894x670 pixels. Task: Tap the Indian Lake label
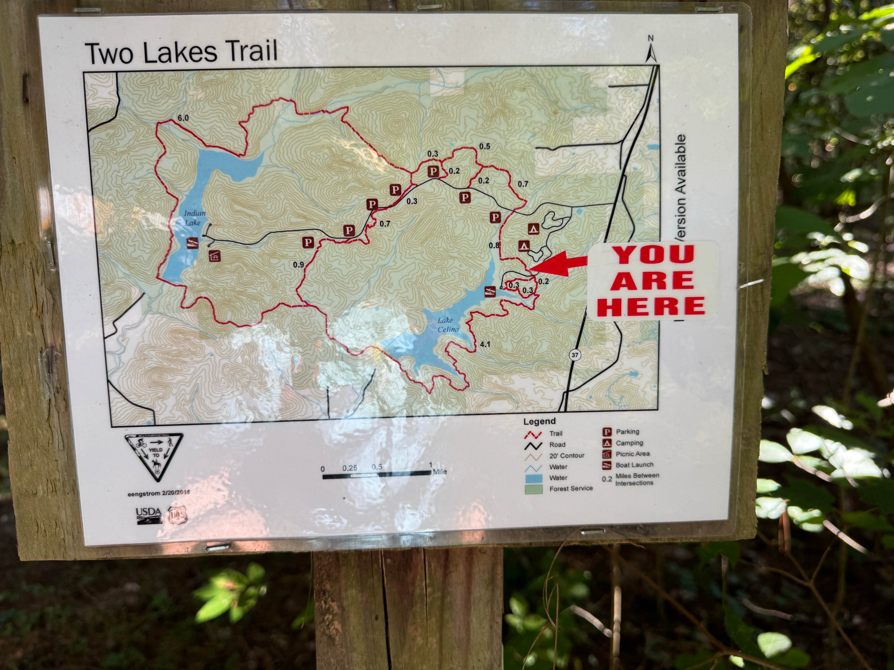tap(195, 218)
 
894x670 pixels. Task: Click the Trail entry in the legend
tap(555, 433)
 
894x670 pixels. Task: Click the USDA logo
tap(148, 515)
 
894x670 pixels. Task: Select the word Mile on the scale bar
tap(440, 471)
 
